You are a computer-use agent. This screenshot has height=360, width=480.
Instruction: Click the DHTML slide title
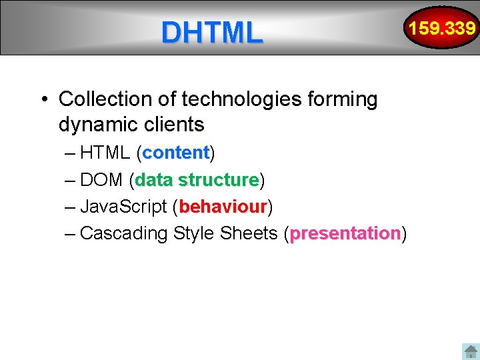[212, 32]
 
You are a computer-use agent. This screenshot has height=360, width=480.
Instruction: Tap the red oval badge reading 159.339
[442, 28]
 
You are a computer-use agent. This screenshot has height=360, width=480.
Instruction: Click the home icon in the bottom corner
[471, 351]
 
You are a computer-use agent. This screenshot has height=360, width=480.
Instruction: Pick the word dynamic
[99, 125]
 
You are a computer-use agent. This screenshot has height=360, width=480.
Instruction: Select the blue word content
[176, 153]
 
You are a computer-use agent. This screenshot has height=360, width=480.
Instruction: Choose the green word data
[154, 180]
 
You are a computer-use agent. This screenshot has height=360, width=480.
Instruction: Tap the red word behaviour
[223, 207]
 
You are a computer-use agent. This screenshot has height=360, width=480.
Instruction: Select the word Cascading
[123, 233]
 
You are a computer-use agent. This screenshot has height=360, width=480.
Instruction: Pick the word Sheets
[247, 233]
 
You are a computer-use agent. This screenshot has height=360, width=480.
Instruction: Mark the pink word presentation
[345, 233]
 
